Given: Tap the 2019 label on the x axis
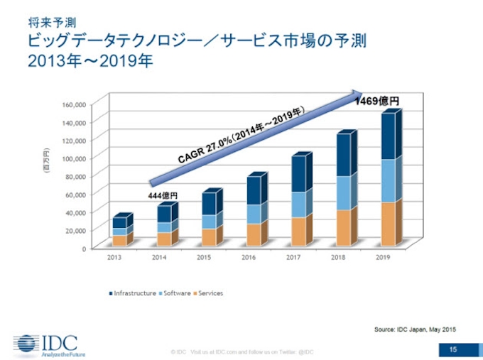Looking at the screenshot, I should [384, 258].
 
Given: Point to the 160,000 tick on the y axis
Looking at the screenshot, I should [74, 104].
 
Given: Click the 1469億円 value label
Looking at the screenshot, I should [377, 102].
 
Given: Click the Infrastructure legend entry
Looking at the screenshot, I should [134, 293].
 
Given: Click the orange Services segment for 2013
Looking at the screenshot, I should [119, 239].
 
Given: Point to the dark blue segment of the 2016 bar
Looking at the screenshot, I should [255, 189].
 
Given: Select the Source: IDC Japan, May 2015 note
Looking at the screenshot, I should [415, 329].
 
